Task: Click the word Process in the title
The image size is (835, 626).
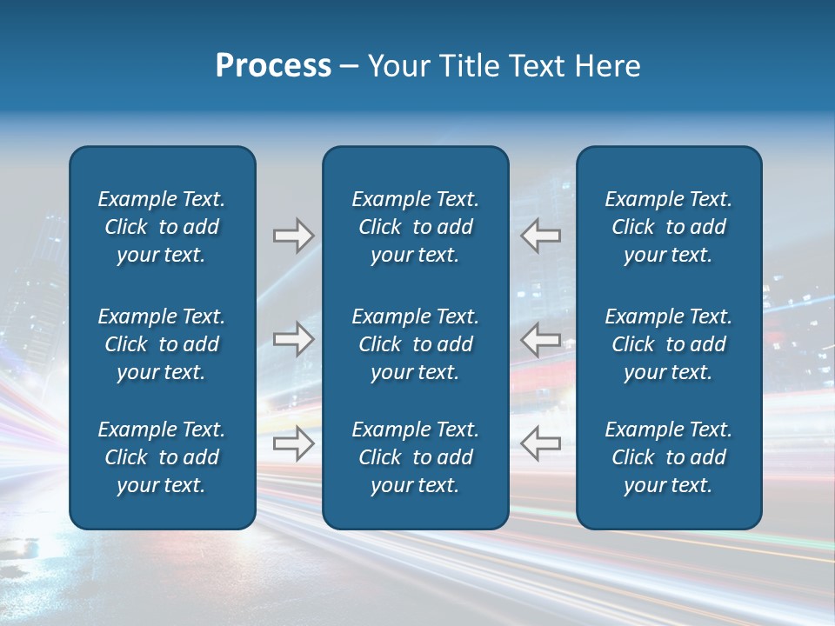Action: [273, 66]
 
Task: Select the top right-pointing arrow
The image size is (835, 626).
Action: [294, 236]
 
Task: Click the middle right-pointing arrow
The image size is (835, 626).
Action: [294, 339]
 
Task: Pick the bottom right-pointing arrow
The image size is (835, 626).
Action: [294, 443]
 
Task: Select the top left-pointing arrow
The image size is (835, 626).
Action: [540, 236]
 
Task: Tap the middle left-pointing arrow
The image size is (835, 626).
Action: [540, 339]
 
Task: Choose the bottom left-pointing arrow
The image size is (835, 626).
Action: [540, 443]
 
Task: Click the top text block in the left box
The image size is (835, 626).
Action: [162, 227]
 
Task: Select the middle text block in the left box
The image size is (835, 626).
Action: [162, 344]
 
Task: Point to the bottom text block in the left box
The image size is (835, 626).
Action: [162, 457]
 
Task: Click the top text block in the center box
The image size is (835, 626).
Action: [415, 227]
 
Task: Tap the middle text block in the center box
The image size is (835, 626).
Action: [415, 344]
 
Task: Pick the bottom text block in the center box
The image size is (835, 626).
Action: [415, 457]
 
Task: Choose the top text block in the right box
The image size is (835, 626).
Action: [668, 227]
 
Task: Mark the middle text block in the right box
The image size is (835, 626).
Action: [668, 344]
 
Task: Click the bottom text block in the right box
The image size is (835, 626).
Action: [668, 457]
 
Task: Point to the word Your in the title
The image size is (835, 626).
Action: [396, 66]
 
